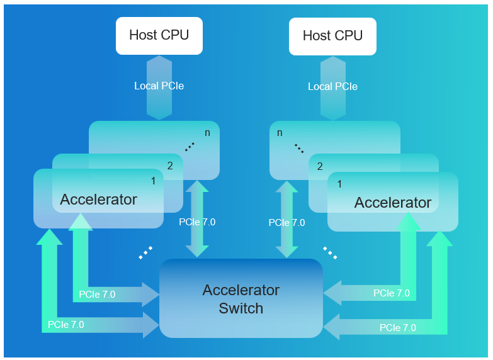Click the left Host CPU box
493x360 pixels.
(x=159, y=35)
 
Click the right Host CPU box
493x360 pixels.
(x=332, y=36)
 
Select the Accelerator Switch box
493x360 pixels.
(x=241, y=299)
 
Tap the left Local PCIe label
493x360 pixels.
(x=159, y=86)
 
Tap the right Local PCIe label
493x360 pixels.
(x=332, y=86)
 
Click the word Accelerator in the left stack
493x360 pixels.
(x=98, y=200)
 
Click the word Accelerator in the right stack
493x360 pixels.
(x=392, y=203)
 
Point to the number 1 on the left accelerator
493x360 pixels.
(x=153, y=181)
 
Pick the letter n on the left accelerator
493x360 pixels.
(x=207, y=133)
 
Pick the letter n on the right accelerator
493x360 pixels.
(x=280, y=133)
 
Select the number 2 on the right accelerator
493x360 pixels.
(x=320, y=167)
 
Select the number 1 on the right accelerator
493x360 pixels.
(x=340, y=184)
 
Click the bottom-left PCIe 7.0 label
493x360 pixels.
(x=65, y=325)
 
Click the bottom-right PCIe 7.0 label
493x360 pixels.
(x=397, y=328)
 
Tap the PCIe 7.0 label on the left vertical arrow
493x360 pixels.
(x=197, y=222)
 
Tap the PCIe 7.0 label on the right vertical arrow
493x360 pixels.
(x=286, y=223)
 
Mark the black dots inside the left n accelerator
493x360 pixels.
(x=190, y=147)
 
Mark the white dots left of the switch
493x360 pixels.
(x=145, y=252)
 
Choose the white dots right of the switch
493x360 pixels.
(x=330, y=252)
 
